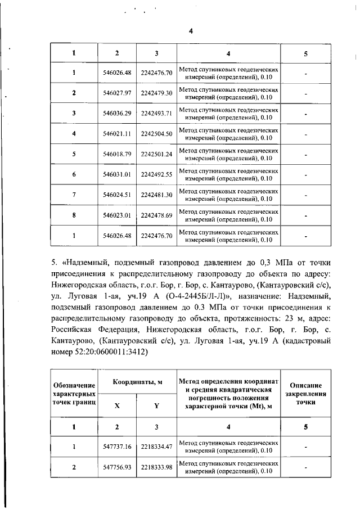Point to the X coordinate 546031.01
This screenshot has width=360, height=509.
[117, 174]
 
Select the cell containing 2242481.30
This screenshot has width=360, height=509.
[156, 195]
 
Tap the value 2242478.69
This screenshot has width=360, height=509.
[156, 215]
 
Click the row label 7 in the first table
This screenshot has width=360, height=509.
[74, 195]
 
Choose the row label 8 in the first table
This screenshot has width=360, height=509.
[74, 215]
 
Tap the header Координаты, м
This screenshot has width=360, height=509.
[137, 382]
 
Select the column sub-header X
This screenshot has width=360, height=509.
[117, 405]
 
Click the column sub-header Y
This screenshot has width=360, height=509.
[156, 405]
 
